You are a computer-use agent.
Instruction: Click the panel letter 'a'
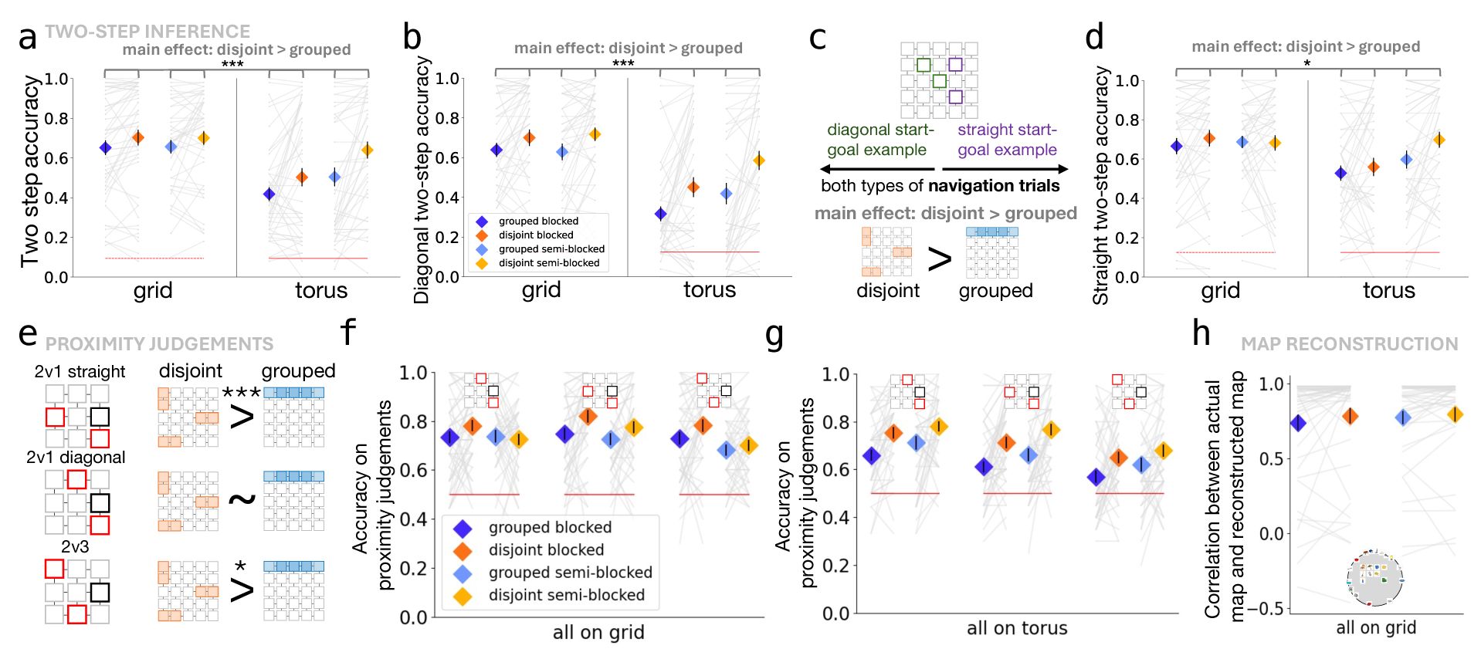pos(28,37)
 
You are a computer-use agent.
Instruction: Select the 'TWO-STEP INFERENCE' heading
pos(147,32)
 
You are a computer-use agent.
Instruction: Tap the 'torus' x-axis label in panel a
pos(321,290)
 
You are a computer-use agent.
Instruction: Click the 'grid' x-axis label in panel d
pos(1220,290)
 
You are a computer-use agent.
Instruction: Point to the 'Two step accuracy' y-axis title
pos(29,171)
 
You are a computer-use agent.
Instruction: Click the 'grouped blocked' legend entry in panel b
pos(538,221)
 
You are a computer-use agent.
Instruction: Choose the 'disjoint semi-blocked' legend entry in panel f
pos(567,595)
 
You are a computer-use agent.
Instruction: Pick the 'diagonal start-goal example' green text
pos(880,140)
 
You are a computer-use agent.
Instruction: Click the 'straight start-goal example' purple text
pos(1007,140)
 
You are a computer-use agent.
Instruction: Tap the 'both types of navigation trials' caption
pos(940,186)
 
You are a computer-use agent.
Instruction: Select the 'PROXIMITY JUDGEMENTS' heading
pos(159,344)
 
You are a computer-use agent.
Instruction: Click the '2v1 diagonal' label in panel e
pos(76,458)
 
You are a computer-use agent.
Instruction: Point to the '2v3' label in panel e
pos(75,547)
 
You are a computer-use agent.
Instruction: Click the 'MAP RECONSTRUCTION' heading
pos(1349,344)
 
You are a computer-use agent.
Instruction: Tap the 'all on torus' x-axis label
pos(1017,628)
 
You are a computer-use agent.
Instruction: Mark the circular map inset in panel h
pos(1374,578)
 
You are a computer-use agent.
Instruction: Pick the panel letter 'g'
pos(774,334)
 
